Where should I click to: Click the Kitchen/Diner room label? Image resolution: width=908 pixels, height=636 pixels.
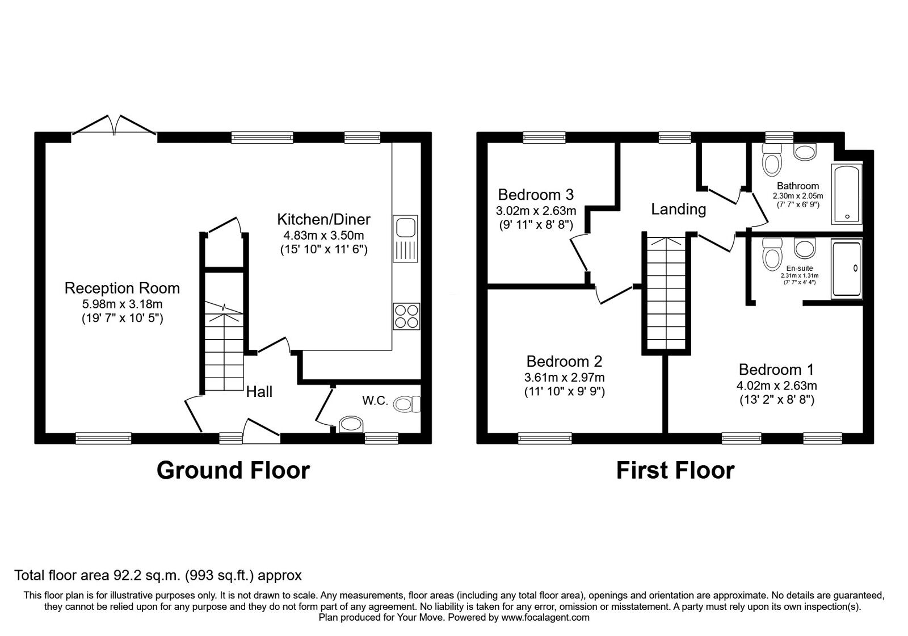(x=323, y=219)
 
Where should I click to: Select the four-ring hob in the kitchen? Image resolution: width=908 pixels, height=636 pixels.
(x=406, y=316)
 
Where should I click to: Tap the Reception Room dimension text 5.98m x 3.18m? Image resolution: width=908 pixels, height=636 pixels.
(x=122, y=304)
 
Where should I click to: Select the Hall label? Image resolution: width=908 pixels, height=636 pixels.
(x=259, y=392)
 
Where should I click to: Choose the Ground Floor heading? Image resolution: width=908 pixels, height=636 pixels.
(x=233, y=471)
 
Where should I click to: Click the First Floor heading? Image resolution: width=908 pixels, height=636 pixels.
(x=675, y=471)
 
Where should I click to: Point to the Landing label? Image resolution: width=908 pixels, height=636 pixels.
(x=678, y=210)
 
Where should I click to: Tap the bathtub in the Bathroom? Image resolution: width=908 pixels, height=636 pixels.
(x=846, y=193)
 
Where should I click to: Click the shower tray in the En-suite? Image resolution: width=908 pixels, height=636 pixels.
(x=846, y=268)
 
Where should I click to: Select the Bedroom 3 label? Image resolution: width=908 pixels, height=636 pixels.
(x=536, y=195)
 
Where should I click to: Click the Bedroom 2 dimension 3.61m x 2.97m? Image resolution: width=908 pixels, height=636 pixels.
(x=564, y=377)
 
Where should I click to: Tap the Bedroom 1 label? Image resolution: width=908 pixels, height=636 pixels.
(x=776, y=370)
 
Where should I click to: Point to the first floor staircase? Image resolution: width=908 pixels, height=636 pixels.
(x=667, y=292)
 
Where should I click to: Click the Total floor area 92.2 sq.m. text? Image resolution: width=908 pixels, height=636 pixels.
(x=158, y=575)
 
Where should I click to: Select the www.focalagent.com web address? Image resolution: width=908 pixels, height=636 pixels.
(x=545, y=617)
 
